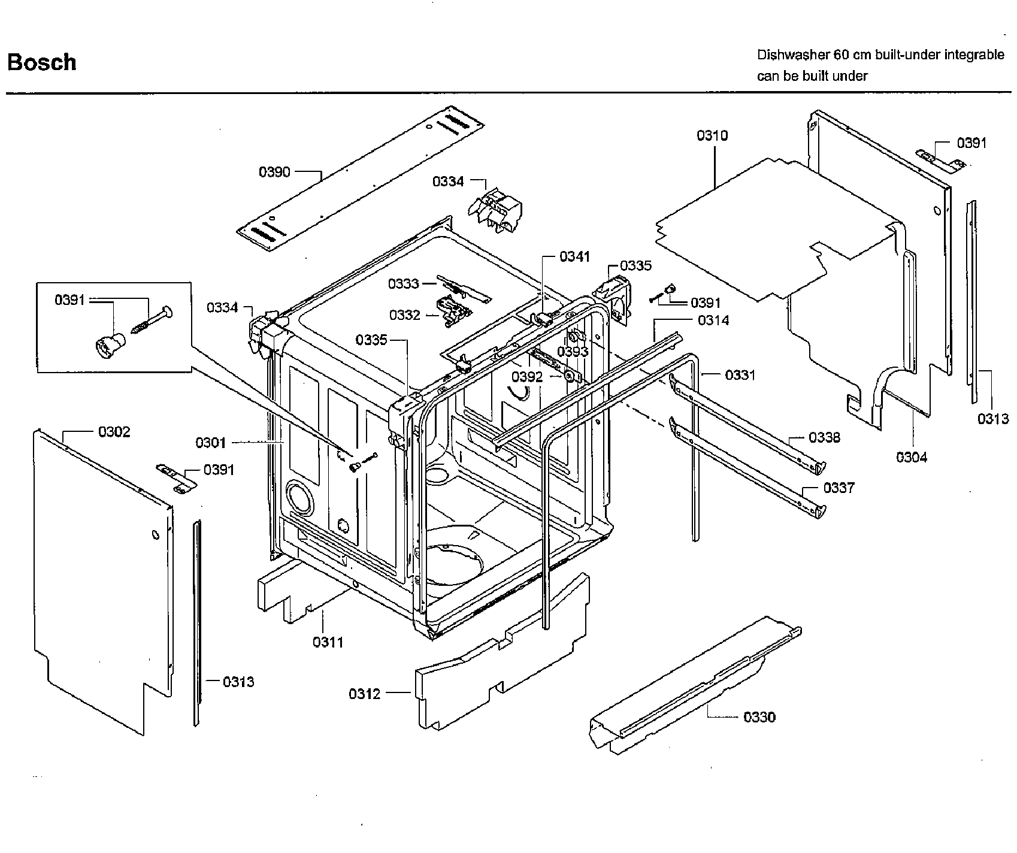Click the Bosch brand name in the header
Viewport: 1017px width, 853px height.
(42, 62)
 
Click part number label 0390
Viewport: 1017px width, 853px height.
(274, 173)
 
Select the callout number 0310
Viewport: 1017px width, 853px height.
(712, 136)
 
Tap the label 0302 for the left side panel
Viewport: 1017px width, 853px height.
(114, 432)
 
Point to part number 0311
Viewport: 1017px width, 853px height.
(328, 642)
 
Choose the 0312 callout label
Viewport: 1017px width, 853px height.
(364, 694)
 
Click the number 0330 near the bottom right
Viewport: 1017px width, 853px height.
(759, 717)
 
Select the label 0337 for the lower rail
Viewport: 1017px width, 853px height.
(839, 488)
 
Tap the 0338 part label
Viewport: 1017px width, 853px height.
(824, 438)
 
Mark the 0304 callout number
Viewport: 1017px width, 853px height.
(912, 458)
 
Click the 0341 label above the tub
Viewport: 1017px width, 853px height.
(574, 257)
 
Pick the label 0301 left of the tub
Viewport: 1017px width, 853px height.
(211, 443)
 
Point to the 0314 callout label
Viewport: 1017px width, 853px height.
(713, 320)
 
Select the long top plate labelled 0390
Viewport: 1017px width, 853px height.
(359, 180)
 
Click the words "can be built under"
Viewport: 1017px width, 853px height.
(812, 76)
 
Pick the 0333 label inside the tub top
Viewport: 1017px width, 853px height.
(403, 283)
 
